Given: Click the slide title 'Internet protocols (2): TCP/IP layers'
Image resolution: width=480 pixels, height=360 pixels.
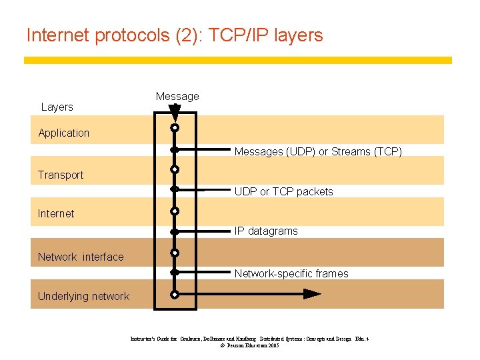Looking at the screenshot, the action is pyautogui.click(x=174, y=35).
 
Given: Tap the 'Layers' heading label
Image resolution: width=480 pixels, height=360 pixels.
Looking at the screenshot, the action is pyautogui.click(x=57, y=107).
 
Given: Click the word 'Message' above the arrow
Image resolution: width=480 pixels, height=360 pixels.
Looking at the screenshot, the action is pyautogui.click(x=177, y=97).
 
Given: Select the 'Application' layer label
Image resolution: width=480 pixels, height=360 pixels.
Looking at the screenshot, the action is pyautogui.click(x=64, y=133).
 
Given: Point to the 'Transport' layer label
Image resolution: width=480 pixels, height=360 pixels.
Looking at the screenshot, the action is pyautogui.click(x=61, y=175).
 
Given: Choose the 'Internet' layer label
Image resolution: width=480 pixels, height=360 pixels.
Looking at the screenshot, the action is pyautogui.click(x=56, y=213).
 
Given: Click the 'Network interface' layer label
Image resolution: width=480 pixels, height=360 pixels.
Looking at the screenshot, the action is pyautogui.click(x=81, y=257).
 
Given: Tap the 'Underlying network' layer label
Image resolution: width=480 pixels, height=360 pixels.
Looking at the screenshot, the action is pyautogui.click(x=83, y=296).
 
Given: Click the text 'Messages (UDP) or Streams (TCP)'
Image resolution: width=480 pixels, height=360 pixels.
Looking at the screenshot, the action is pyautogui.click(x=318, y=152).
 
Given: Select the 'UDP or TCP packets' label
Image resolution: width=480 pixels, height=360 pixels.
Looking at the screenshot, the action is pyautogui.click(x=283, y=191).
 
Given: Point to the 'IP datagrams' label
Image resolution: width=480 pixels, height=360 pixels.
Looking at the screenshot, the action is pyautogui.click(x=266, y=231).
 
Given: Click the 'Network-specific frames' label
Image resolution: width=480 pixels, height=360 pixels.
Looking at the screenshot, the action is pyautogui.click(x=291, y=273).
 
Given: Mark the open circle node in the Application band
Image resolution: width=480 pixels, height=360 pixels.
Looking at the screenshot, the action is pyautogui.click(x=175, y=127).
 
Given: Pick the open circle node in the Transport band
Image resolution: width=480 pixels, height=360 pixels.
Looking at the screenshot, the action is pyautogui.click(x=175, y=169).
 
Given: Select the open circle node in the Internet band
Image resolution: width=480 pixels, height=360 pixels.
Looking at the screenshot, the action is pyautogui.click(x=175, y=211).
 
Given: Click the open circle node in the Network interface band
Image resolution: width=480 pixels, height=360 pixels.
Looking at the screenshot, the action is pyautogui.click(x=175, y=253).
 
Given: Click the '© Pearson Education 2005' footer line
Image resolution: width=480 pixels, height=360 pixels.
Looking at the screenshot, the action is pyautogui.click(x=249, y=346).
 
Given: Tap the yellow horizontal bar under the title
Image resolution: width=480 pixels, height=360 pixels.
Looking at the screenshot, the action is pyautogui.click(x=238, y=60).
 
